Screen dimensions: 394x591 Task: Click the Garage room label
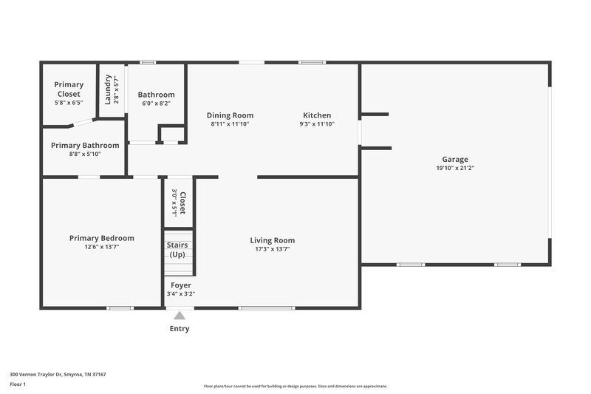tap(455, 159)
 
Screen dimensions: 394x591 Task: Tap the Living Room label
tap(272, 240)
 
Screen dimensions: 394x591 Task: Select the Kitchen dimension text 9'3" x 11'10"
tap(316, 124)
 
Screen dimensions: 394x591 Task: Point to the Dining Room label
tap(230, 115)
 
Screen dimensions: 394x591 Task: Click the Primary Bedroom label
tap(101, 238)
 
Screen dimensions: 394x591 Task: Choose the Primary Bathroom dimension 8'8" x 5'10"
tap(85, 154)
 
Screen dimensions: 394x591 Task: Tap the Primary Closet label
tap(69, 89)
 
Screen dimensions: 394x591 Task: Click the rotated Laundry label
tap(108, 89)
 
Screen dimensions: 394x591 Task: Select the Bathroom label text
tap(156, 95)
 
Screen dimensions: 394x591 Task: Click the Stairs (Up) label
tap(177, 249)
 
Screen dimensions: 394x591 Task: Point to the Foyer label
tap(181, 285)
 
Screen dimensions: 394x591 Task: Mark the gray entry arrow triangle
tap(180, 316)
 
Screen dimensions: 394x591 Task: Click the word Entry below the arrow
tap(180, 329)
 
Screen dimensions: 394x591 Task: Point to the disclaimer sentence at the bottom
tap(295, 386)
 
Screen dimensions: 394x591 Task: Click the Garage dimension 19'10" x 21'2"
tap(455, 168)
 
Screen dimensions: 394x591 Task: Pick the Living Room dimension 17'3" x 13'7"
tap(272, 249)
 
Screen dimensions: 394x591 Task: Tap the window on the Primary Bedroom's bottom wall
tap(120, 308)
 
